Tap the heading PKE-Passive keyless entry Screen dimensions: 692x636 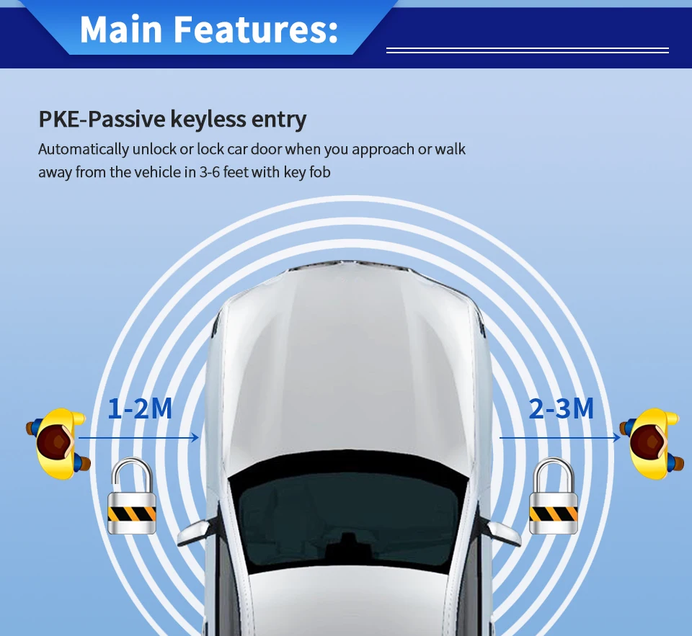tap(172, 119)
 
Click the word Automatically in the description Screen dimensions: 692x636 tap(84, 149)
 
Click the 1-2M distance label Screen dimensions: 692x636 tap(140, 408)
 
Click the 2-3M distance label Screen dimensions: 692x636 tap(562, 408)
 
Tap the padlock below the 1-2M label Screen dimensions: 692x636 tap(132, 497)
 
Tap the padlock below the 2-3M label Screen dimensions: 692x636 tap(554, 497)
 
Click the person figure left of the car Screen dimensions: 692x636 tap(60, 443)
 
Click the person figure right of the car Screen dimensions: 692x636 tap(653, 443)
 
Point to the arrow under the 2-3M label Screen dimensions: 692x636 tap(559, 437)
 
